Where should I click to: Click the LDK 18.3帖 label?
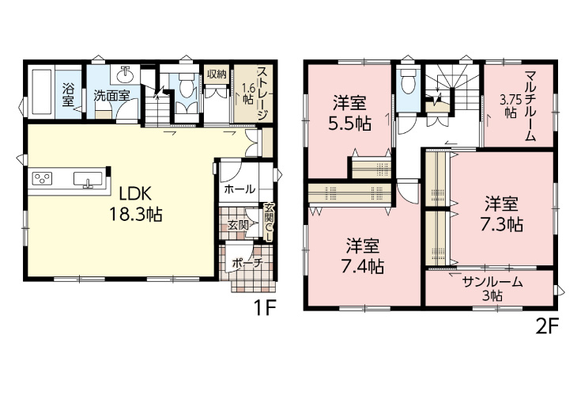tap(135, 204)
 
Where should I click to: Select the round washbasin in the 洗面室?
tap(126, 74)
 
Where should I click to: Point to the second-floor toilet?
tap(408, 82)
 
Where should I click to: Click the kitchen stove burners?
tap(43, 178)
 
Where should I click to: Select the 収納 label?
tap(217, 74)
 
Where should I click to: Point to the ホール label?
tap(240, 189)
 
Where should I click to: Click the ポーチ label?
tap(247, 263)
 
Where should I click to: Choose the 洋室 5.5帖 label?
tap(349, 113)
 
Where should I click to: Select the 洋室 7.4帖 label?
tap(362, 257)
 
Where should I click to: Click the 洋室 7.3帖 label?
tap(502, 215)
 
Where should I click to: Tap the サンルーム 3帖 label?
tap(492, 289)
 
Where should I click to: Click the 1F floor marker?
tap(265, 307)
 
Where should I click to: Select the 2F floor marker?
tap(547, 326)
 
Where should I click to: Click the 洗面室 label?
tap(111, 96)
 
